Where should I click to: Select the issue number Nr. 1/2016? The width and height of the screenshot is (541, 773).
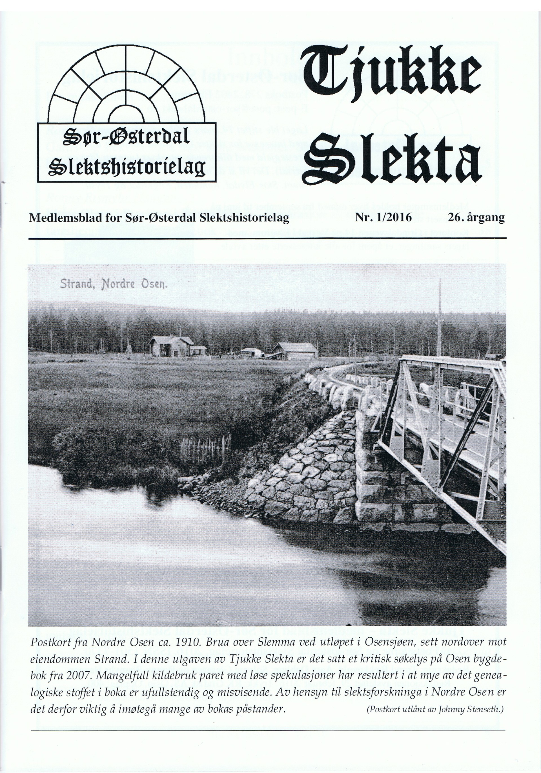pos(383,218)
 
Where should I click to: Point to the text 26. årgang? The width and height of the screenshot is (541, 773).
pos(476,218)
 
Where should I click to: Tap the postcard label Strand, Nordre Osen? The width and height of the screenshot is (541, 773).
pos(113,285)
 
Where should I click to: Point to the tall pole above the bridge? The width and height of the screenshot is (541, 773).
pos(439,320)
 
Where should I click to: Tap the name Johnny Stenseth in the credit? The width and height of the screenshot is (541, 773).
pos(466,709)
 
